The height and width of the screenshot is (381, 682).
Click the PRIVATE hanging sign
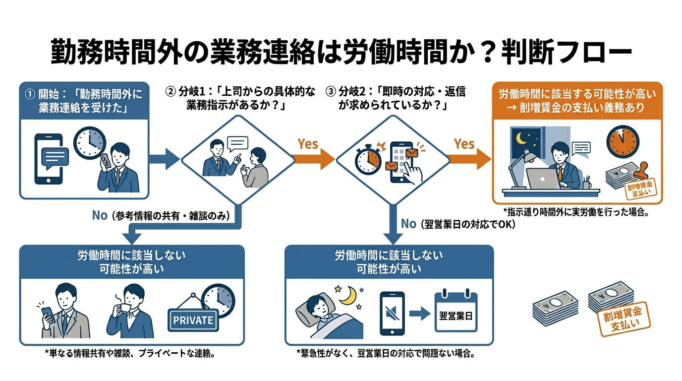click(x=193, y=319)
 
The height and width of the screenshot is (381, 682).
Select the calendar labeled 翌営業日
click(x=456, y=313)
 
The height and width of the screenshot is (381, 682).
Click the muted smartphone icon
click(x=392, y=314)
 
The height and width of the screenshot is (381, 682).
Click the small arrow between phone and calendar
click(x=420, y=314)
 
